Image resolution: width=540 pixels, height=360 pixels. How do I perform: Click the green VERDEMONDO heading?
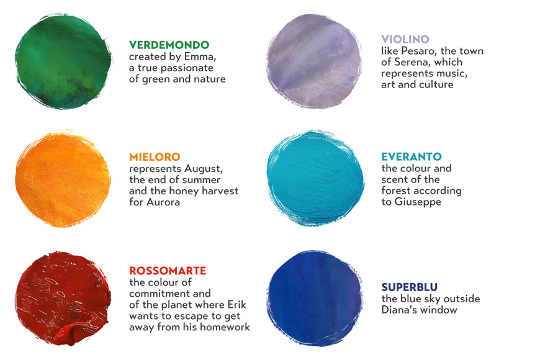click(169, 45)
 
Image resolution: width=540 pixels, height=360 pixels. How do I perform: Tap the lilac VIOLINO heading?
click(405, 39)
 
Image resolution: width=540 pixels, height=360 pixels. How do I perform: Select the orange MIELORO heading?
click(155, 157)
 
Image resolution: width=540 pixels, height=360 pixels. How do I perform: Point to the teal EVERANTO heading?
click(412, 157)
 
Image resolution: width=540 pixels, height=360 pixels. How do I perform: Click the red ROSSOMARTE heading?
click(168, 271)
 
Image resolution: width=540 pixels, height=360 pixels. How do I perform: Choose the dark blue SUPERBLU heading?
click(410, 287)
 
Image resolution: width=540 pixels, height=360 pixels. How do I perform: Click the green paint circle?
click(64, 61)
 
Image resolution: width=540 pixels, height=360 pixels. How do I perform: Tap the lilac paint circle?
click(314, 61)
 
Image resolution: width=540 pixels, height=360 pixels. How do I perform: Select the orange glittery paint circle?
click(63, 178)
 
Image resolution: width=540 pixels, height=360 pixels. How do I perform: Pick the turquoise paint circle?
click(315, 178)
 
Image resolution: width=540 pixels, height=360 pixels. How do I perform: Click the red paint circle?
click(63, 299)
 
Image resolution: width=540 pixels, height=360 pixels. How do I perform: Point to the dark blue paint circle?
click(315, 299)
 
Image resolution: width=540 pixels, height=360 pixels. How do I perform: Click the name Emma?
click(200, 56)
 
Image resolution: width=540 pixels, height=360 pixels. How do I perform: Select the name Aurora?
click(163, 202)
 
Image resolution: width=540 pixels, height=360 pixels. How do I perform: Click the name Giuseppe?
click(418, 202)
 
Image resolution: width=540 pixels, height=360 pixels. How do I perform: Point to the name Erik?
click(237, 305)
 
